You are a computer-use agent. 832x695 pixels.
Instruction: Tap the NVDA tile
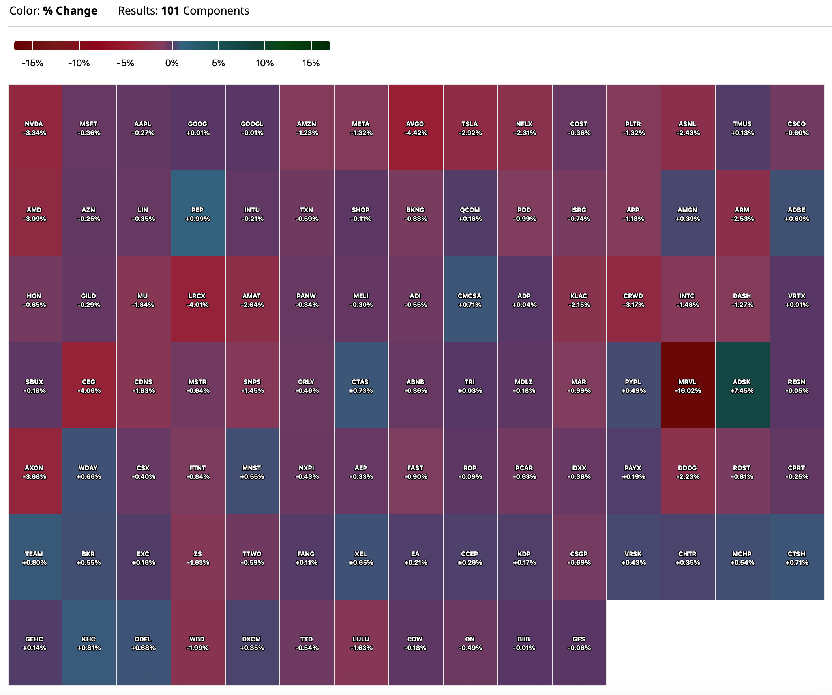(x=35, y=127)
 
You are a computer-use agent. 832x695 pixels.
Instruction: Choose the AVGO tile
(x=416, y=127)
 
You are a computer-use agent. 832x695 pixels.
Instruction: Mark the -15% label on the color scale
(x=32, y=64)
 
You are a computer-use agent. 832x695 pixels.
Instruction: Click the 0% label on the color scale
(x=172, y=64)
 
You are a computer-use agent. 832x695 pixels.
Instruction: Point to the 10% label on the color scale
(x=265, y=64)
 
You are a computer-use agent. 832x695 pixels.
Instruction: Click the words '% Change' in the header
(x=70, y=11)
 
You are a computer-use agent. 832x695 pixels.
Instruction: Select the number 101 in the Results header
(x=171, y=11)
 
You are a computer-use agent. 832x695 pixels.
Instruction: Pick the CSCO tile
(x=797, y=127)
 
